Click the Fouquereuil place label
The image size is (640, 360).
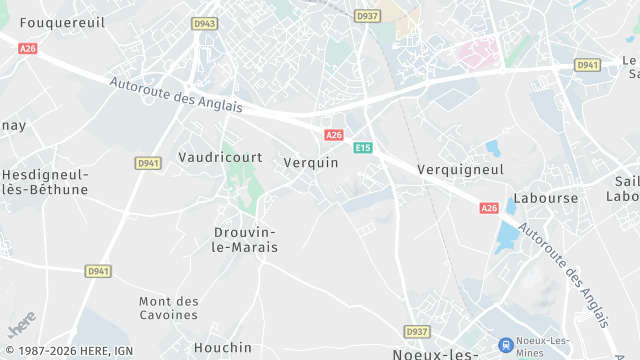(62, 22)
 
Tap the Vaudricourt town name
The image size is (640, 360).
(219, 157)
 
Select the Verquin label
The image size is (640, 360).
(311, 162)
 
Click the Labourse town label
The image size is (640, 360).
(546, 198)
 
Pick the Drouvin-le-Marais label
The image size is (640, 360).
(246, 239)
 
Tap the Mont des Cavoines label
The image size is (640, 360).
(168, 308)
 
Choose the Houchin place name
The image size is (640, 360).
(222, 347)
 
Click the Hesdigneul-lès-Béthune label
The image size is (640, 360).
(44, 181)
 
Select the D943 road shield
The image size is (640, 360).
(205, 23)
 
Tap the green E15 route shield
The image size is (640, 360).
(362, 148)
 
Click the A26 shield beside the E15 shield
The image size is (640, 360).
(334, 135)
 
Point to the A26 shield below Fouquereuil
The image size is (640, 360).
(27, 48)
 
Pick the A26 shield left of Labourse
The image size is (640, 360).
(488, 208)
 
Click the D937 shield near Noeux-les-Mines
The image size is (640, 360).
(417, 331)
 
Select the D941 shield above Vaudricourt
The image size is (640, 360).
(148, 163)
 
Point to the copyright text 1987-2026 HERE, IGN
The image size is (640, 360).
(67, 351)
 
